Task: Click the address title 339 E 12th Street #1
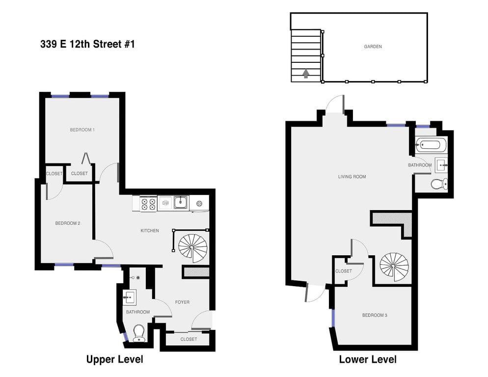click(87, 44)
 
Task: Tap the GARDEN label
click(373, 47)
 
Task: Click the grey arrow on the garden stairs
click(306, 74)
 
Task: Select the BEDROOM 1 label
click(82, 130)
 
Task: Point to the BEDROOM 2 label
click(67, 223)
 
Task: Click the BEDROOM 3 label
click(375, 315)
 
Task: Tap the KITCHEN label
click(150, 230)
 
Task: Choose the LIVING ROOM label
click(352, 177)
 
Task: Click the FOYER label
click(182, 302)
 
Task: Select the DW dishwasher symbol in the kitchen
click(165, 202)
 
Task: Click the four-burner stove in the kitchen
click(148, 204)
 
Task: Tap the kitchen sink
click(181, 202)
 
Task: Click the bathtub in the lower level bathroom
click(431, 145)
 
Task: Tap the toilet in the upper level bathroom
click(139, 332)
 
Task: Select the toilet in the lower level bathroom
click(438, 184)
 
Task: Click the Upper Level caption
click(114, 359)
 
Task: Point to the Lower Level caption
click(367, 359)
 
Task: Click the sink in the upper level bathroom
click(130, 297)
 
